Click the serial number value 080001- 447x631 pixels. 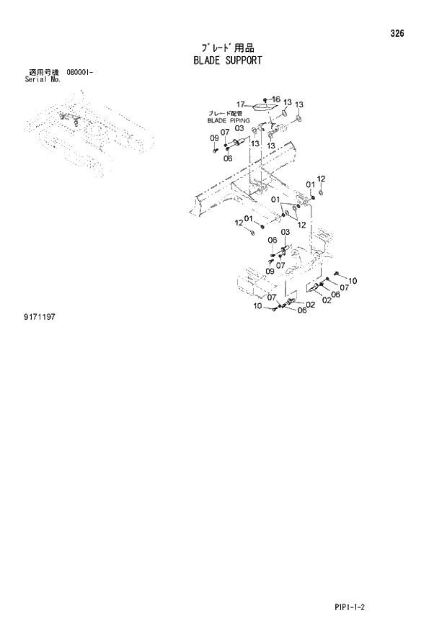pos(79,73)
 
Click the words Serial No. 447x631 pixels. pos(43,80)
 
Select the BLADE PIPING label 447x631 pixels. pos(228,121)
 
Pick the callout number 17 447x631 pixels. pos(242,104)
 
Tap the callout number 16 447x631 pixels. pos(275,99)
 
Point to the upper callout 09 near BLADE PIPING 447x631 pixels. pos(214,138)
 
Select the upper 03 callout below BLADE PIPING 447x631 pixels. pos(239,129)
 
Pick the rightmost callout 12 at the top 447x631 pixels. pos(322,179)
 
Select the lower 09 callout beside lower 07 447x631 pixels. pos(270,271)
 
